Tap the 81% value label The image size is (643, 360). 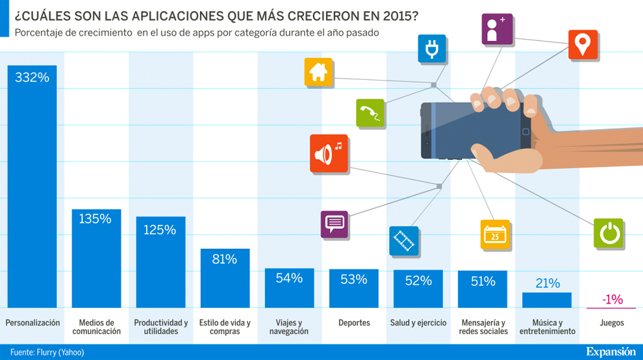pos(224,259)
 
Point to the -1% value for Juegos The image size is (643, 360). pos(612,300)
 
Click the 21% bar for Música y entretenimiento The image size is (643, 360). pos(547,300)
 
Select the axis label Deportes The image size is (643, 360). pos(354,323)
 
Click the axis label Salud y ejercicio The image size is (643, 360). pos(418,323)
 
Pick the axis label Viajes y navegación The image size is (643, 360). pos(289,327)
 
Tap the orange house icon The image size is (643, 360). pos(318,72)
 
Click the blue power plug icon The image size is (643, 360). pos(431,48)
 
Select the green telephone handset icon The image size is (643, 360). pos(370,113)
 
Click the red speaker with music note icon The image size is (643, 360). pos(329,153)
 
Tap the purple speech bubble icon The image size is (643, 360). pos(334,224)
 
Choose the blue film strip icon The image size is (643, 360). pos(404,241)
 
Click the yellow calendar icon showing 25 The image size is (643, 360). pos(495,235)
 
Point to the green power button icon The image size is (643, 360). pos(609,233)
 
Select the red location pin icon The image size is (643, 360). pos(583,45)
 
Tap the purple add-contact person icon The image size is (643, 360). pos(497,29)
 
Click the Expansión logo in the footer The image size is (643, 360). pos(610,352)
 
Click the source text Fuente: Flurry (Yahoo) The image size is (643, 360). pos(47,352)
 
